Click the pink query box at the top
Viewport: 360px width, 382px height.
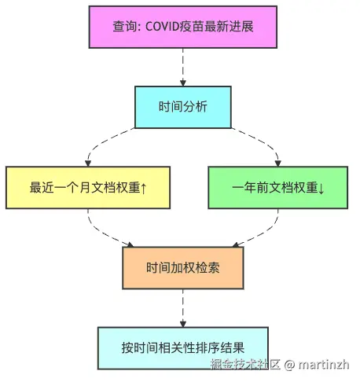[182, 27]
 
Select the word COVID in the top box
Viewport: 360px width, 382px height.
[162, 27]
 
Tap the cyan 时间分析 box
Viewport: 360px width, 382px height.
[183, 107]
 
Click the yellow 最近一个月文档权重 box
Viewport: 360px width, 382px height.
[88, 188]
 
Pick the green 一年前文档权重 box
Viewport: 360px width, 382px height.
[278, 188]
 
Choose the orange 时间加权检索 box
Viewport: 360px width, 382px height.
[183, 268]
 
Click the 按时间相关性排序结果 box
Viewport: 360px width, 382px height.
[183, 348]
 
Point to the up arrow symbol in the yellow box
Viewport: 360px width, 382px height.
[143, 189]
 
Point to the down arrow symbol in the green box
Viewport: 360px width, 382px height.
[321, 189]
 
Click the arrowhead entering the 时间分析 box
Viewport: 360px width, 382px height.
[183, 83]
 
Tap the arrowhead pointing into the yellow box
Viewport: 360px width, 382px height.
[88, 163]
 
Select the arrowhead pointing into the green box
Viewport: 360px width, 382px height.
[278, 163]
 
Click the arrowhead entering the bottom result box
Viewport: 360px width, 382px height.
[183, 324]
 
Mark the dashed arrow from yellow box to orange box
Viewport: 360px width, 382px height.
[101, 233]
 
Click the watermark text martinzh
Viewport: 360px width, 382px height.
[323, 365]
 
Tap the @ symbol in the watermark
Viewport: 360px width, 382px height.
[289, 365]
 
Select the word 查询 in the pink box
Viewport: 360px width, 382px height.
[124, 27]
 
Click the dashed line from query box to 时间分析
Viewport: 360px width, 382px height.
[183, 64]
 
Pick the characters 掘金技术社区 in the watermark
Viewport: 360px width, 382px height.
[245, 365]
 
